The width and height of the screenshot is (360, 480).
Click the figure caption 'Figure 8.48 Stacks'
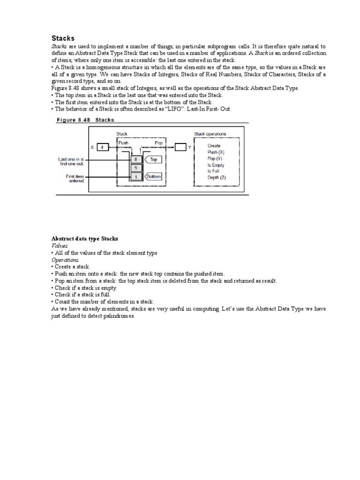pyautogui.click(x=85, y=120)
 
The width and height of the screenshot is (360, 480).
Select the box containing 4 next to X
pyautogui.click(x=103, y=147)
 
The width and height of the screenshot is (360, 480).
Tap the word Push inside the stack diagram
pyautogui.click(x=124, y=142)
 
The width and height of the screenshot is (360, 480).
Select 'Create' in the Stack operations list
pyautogui.click(x=214, y=146)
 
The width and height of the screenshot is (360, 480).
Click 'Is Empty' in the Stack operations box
pyautogui.click(x=216, y=165)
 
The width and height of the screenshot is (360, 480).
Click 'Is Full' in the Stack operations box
pyautogui.click(x=213, y=171)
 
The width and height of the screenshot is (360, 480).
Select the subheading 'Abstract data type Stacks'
pyautogui.click(x=84, y=239)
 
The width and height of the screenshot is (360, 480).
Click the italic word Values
pyautogui.click(x=60, y=246)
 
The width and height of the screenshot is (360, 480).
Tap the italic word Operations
pyautogui.click(x=65, y=260)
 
